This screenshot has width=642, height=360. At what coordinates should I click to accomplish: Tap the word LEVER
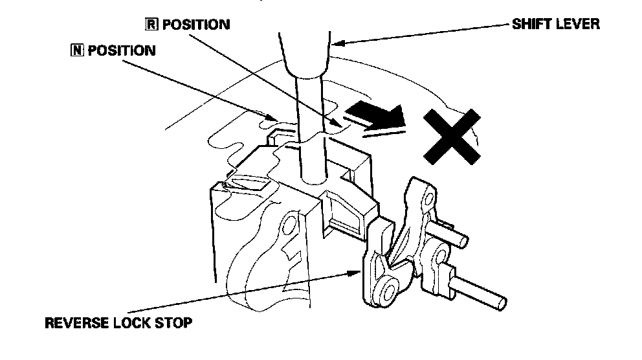coord(579,25)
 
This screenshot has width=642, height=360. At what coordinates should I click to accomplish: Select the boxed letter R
coord(150,25)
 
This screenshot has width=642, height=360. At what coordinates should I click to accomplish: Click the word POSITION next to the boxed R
coord(195,25)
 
